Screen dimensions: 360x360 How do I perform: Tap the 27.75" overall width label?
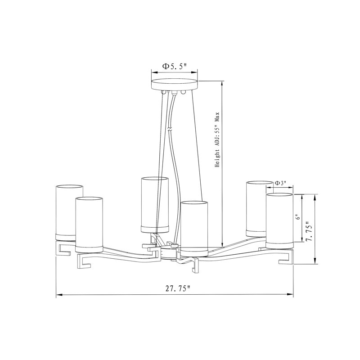[178, 288]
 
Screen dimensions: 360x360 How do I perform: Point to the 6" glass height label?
[298, 217]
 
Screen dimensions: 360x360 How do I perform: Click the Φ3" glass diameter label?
[280, 183]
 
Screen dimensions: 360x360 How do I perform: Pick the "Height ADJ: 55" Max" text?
[217, 139]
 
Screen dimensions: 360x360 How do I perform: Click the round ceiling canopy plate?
[175, 85]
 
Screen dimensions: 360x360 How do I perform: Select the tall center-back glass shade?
[155, 205]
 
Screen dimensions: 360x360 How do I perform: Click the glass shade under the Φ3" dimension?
[279, 221]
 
